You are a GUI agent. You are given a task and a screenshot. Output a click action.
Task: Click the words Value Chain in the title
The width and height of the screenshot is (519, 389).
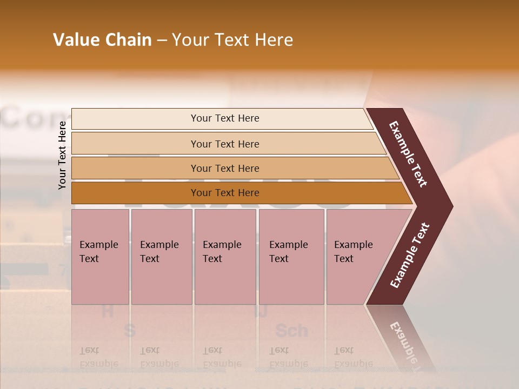coord(102,40)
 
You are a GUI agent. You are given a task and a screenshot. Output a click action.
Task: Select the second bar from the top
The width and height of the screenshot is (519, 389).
coord(225,144)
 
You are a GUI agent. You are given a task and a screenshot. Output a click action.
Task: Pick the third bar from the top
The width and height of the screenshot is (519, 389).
coord(225,168)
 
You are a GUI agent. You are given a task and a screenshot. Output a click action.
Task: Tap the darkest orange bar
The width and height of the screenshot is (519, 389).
coord(225,193)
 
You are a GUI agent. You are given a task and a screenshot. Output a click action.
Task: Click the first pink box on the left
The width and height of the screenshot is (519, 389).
coord(100,257)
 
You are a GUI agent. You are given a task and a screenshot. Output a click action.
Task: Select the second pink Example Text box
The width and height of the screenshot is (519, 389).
coord(161,257)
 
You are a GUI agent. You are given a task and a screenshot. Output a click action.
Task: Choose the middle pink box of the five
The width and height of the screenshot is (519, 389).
coord(225,257)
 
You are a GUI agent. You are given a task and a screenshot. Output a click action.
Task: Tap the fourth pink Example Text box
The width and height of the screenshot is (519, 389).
coord(291,257)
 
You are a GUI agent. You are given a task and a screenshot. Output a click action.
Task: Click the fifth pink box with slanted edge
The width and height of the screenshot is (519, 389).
coord(357,257)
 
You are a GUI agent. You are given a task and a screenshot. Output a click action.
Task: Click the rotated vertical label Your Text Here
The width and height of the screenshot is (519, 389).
coord(62,155)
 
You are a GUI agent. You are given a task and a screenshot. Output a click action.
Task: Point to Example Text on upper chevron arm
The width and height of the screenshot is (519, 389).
coord(408,154)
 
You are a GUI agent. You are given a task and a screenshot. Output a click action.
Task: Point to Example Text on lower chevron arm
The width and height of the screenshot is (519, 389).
coord(410,256)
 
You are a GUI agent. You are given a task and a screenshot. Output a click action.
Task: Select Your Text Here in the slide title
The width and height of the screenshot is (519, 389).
coord(232,40)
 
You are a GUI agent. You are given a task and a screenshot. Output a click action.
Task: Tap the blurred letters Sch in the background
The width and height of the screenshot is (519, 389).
coord(291,330)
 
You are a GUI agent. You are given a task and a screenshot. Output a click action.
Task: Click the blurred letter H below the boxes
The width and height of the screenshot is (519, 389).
coord(108,311)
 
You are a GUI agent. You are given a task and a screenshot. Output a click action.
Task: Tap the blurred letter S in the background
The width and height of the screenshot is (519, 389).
coord(129,330)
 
